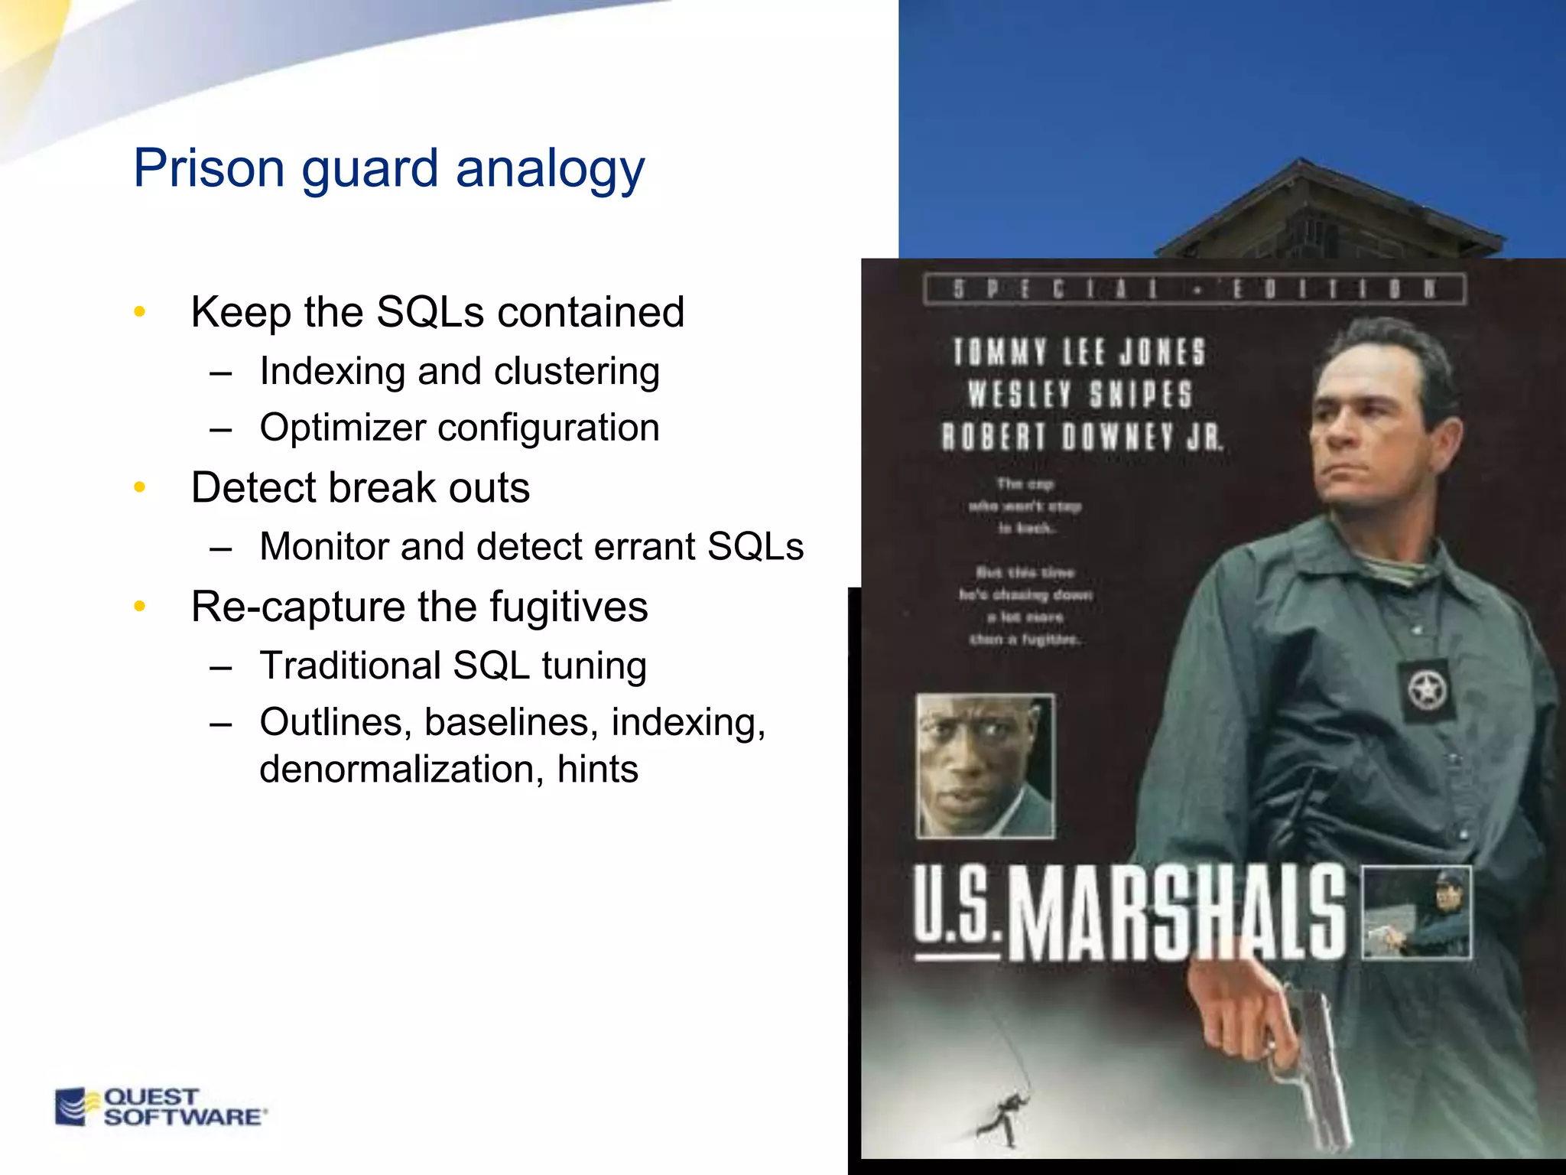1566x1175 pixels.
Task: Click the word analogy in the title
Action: pos(550,169)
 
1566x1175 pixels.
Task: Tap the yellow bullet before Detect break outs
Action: pos(139,487)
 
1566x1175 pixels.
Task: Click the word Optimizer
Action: pos(342,428)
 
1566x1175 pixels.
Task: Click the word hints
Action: pos(597,769)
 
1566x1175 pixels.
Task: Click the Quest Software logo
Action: pos(161,1107)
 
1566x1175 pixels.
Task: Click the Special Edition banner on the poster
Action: pos(1194,289)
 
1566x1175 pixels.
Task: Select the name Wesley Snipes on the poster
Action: pos(1080,395)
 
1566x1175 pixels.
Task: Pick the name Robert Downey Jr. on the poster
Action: pos(1081,437)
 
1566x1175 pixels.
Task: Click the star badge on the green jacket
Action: pos(1425,690)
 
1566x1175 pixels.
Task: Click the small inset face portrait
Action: pos(985,766)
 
